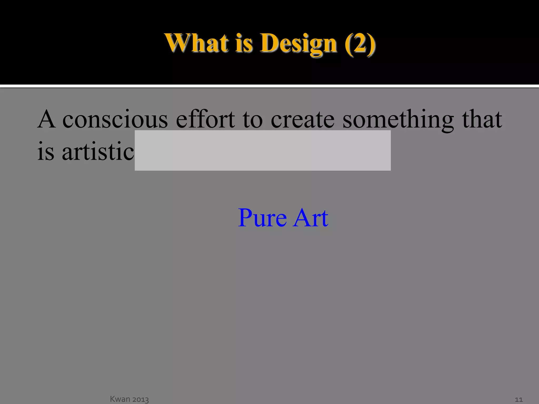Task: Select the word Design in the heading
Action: [x=298, y=43]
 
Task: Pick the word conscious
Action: [x=115, y=120]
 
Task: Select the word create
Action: [x=303, y=120]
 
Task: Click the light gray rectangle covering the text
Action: [x=262, y=150]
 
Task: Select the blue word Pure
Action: [x=262, y=218]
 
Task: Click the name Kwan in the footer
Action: [x=120, y=399]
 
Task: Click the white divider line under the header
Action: [x=269, y=86]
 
